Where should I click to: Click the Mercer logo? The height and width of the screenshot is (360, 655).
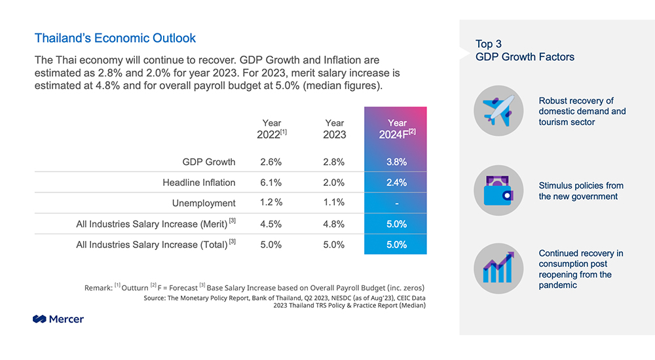(x=58, y=319)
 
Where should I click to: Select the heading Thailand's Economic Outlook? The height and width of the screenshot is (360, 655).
(x=115, y=38)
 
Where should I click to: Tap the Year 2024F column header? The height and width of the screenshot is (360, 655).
(x=397, y=129)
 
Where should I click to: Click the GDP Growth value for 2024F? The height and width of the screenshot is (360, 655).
(x=396, y=162)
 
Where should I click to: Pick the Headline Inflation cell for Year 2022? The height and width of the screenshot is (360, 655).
(x=271, y=183)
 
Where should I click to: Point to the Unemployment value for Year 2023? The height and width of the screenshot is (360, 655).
(x=334, y=202)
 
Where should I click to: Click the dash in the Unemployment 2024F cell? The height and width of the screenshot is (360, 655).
(x=397, y=204)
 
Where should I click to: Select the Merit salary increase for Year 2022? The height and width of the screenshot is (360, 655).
(x=271, y=224)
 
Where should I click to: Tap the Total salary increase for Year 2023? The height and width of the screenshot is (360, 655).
(x=334, y=245)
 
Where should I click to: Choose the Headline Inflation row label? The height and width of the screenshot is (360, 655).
(x=199, y=183)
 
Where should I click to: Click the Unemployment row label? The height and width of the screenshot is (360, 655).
(x=204, y=203)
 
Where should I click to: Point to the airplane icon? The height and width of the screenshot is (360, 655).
(x=498, y=111)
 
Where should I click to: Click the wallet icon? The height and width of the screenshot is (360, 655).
(x=498, y=190)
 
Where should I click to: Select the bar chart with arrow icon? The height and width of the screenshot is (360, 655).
(x=498, y=268)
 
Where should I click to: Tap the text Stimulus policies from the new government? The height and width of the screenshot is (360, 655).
(x=580, y=191)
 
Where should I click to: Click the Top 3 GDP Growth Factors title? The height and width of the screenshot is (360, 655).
(x=525, y=50)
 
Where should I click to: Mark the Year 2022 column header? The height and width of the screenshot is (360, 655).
(x=272, y=129)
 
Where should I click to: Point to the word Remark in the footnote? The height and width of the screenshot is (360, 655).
(x=99, y=288)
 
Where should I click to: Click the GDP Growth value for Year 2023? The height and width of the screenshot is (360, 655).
(x=334, y=162)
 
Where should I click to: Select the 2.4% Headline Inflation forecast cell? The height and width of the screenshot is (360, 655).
(x=396, y=183)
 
